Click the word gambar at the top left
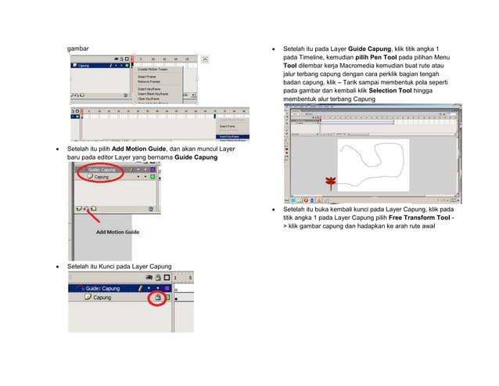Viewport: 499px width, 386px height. [x=77, y=49]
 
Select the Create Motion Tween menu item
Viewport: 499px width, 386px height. [x=155, y=70]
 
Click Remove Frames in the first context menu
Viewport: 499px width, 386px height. [x=150, y=81]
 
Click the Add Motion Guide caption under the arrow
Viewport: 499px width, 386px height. [x=117, y=232]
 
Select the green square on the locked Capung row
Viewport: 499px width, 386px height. [x=167, y=298]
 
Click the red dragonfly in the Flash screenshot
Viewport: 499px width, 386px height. [x=330, y=182]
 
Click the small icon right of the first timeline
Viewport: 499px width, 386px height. [x=205, y=59]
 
